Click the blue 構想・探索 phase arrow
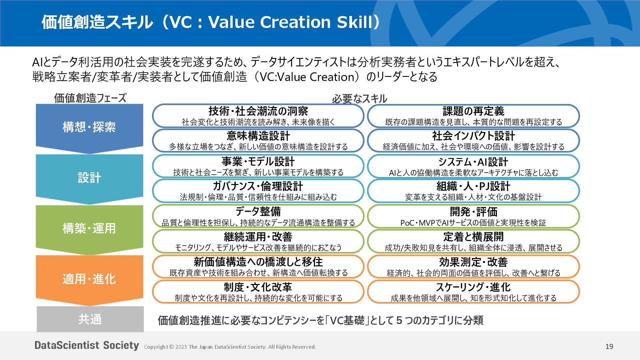89,127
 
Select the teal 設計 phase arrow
89,178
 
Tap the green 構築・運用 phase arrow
89,228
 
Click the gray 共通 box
90,319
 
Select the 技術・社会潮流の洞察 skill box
258,116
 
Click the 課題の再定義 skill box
473,116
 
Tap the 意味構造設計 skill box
258,141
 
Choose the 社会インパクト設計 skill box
473,141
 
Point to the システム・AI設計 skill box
473,166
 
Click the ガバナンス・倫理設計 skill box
258,191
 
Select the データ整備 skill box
258,216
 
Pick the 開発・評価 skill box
473,216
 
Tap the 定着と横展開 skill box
473,241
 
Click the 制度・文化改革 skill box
258,292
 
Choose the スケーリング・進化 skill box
473,292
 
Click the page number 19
609,347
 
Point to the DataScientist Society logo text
87,345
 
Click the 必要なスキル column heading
359,99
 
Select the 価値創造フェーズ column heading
90,98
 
